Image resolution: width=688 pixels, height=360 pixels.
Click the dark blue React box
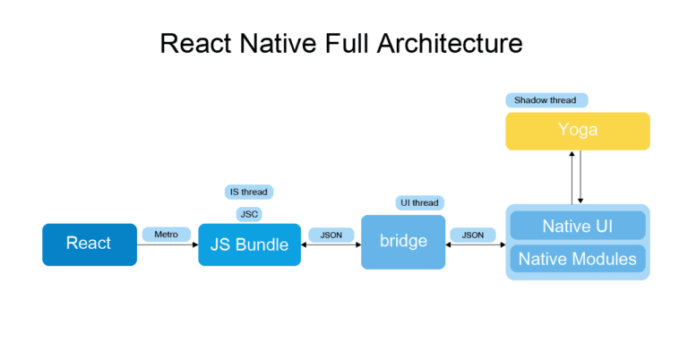(x=90, y=244)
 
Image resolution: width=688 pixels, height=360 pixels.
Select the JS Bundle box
(x=249, y=244)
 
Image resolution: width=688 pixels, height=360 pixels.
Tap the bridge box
(x=402, y=242)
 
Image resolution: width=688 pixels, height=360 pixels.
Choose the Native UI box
(x=577, y=226)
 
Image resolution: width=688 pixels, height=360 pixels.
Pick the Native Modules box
(x=577, y=260)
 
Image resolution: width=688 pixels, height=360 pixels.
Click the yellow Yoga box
(x=577, y=131)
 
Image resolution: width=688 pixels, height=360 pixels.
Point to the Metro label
(x=166, y=235)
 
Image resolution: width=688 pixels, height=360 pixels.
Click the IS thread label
(x=248, y=192)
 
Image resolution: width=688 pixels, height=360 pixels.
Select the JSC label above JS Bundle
(x=249, y=214)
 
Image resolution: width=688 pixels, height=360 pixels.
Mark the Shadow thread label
(x=545, y=100)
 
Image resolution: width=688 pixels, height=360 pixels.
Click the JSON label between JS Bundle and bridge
(x=331, y=235)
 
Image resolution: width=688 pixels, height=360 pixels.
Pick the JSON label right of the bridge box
(x=472, y=235)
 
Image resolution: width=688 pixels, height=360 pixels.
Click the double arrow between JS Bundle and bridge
(x=331, y=244)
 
